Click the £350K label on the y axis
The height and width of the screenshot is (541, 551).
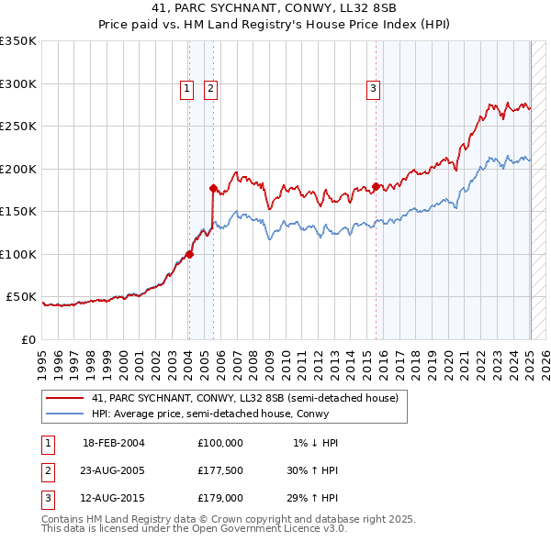pyautogui.click(x=17, y=41)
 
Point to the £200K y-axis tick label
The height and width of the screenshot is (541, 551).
pyautogui.click(x=17, y=169)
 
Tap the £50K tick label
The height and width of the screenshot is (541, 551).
pyautogui.click(x=21, y=297)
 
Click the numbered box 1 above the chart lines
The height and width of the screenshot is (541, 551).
pyautogui.click(x=186, y=89)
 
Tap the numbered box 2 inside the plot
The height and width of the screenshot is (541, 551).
pyautogui.click(x=210, y=89)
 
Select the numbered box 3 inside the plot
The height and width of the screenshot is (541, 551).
pyautogui.click(x=374, y=89)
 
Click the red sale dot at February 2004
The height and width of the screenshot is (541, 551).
pyautogui.click(x=189, y=254)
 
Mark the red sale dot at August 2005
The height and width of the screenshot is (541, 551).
pyautogui.click(x=213, y=189)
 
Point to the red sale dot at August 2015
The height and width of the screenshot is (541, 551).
pyautogui.click(x=376, y=187)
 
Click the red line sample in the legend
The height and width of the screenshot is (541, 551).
pyautogui.click(x=65, y=399)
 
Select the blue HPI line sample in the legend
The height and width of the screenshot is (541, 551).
pyautogui.click(x=65, y=414)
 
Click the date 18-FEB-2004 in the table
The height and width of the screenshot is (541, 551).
pyautogui.click(x=114, y=443)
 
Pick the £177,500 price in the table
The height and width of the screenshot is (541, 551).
pyautogui.click(x=220, y=471)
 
